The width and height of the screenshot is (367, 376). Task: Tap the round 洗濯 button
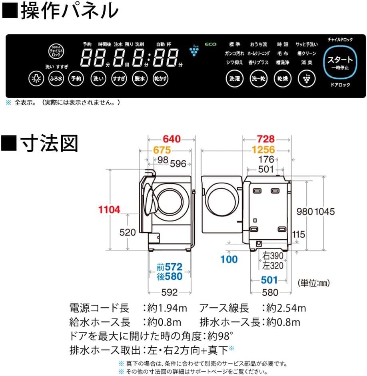235,78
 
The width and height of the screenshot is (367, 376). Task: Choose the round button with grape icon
306,78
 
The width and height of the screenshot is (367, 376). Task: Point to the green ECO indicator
211,44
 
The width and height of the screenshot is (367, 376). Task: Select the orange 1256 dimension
263,150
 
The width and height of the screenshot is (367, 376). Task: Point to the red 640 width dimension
172,139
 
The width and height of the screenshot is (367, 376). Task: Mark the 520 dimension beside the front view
128,232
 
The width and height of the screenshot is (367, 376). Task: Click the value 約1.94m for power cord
166,308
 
